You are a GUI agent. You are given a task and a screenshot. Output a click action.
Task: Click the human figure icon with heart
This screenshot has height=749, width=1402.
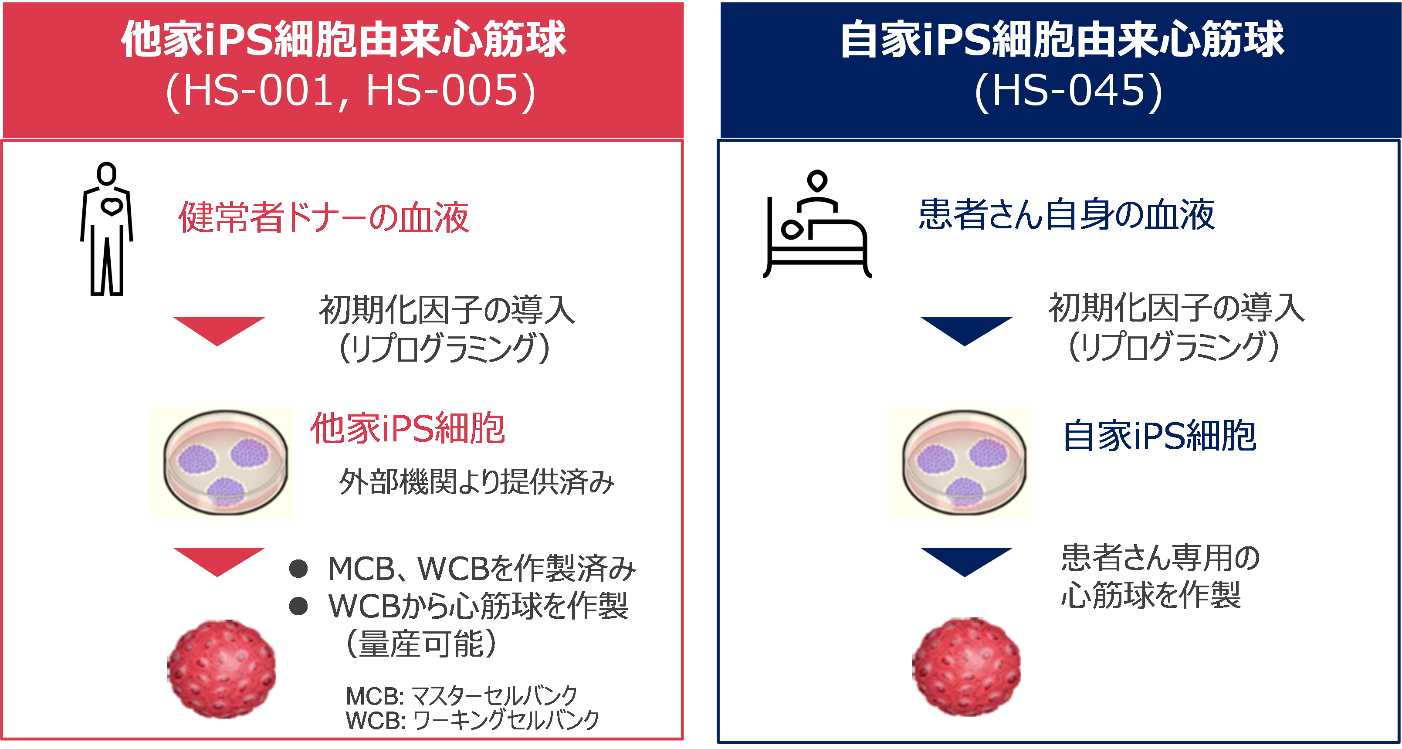[106, 229]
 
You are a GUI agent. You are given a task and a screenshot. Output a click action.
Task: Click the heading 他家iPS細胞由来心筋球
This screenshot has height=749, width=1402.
[343, 39]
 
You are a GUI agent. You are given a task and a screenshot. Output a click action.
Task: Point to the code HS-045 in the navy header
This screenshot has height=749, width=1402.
[1067, 90]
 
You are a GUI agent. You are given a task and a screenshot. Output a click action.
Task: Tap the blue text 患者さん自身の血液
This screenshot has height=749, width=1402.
[1067, 214]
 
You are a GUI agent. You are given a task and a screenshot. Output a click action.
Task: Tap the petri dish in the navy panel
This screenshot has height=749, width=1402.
[960, 463]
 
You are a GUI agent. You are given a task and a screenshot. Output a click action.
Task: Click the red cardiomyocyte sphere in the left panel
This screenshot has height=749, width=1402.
[221, 669]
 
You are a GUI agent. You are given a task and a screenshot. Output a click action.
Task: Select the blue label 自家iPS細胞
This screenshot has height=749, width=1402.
[1159, 435]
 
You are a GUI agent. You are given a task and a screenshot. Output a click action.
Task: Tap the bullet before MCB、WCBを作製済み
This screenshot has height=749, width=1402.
[298, 569]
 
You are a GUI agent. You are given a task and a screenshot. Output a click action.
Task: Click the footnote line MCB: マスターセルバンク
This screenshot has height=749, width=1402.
[461, 696]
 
